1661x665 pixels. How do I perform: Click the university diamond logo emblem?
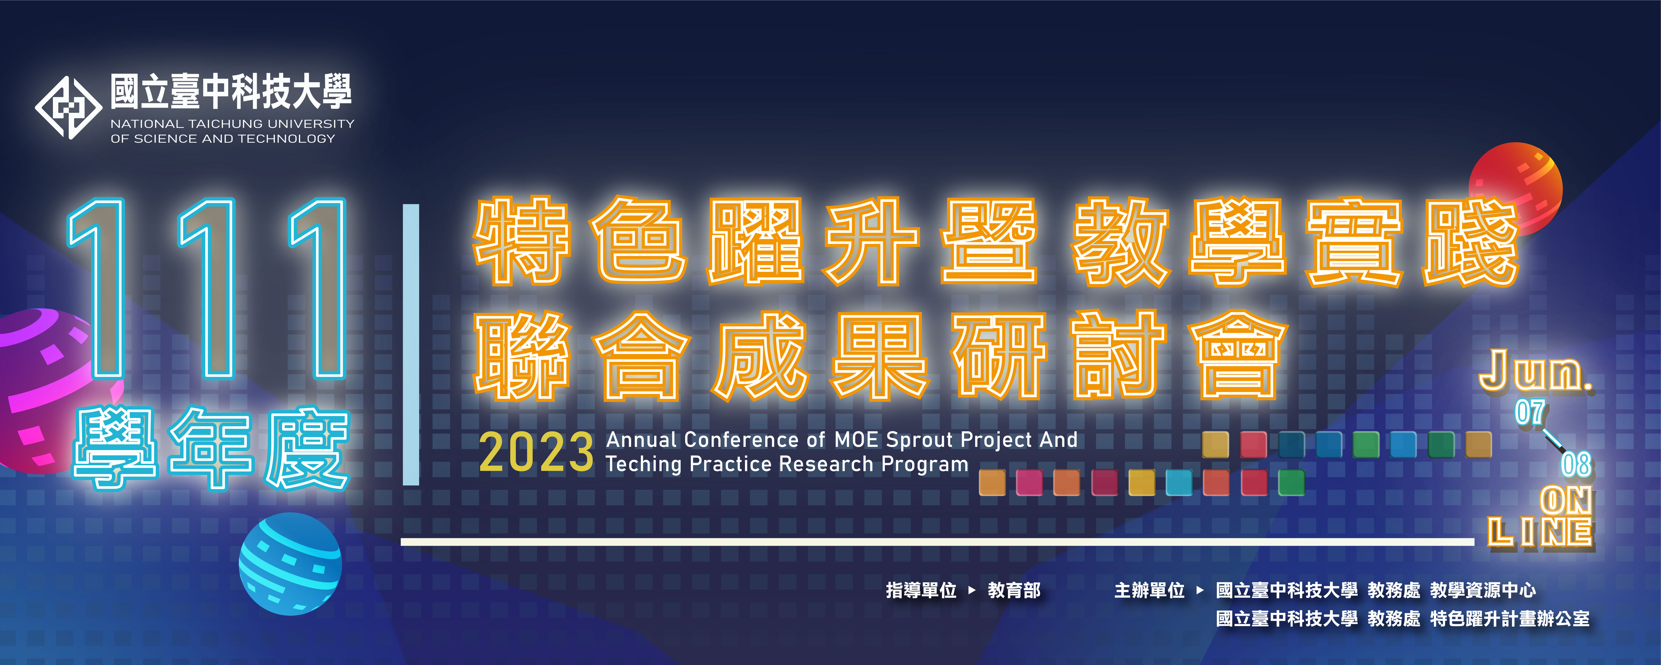coord(68,108)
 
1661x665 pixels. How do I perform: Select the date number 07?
coord(1530,413)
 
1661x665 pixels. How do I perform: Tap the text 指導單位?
coord(921,590)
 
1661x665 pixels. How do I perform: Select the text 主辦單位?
coord(1150,590)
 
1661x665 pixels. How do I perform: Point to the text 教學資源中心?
coord(1483,590)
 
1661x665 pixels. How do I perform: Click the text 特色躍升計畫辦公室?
coord(1509,618)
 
